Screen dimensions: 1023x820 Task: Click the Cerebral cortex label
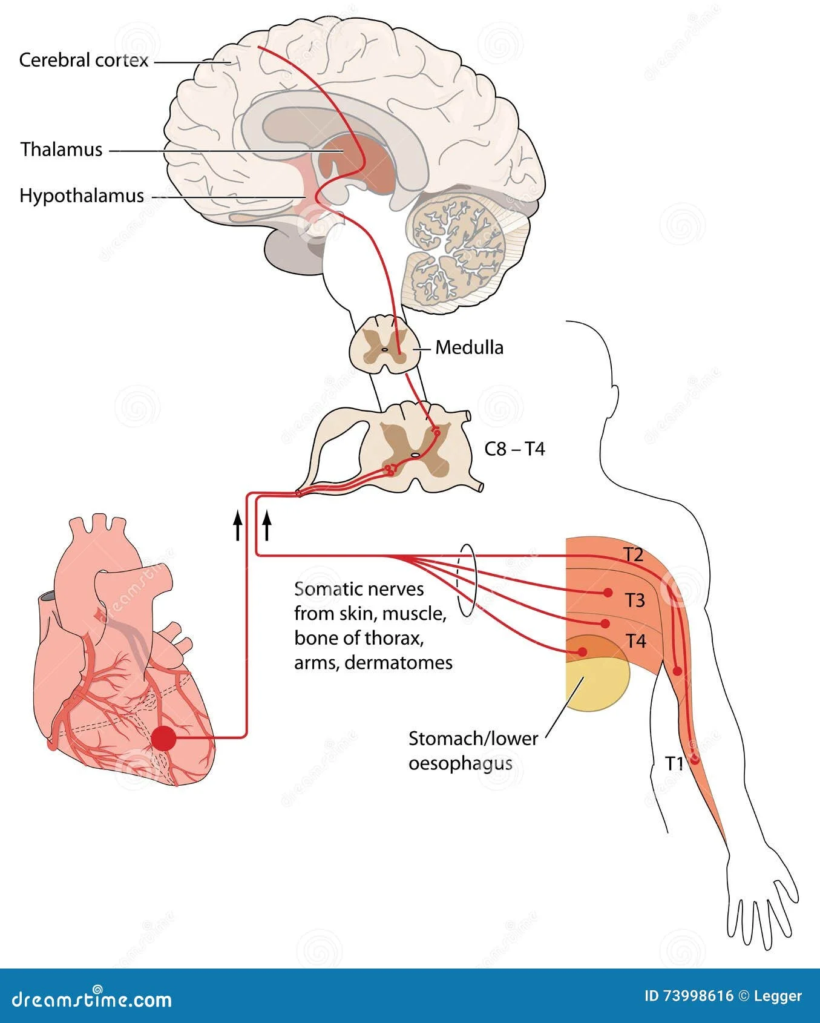tap(84, 60)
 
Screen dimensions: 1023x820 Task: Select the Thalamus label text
tap(61, 150)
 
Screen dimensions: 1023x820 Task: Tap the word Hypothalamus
tap(82, 196)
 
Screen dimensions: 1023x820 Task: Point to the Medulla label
tap(469, 347)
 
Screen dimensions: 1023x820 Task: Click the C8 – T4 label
tap(514, 449)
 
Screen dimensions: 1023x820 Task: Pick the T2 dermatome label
tap(633, 554)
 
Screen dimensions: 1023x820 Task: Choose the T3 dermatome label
tap(635, 600)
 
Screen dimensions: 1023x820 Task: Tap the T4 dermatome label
tap(635, 641)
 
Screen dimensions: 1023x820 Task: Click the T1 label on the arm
tap(674, 763)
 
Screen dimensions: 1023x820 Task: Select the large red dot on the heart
tap(163, 738)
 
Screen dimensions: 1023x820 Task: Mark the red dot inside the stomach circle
tap(582, 652)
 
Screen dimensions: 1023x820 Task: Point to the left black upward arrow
tap(238, 525)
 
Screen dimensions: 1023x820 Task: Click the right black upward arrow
tap(267, 525)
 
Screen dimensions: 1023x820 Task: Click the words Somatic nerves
tap(359, 589)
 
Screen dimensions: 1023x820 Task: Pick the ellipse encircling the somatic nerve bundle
tap(467, 581)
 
